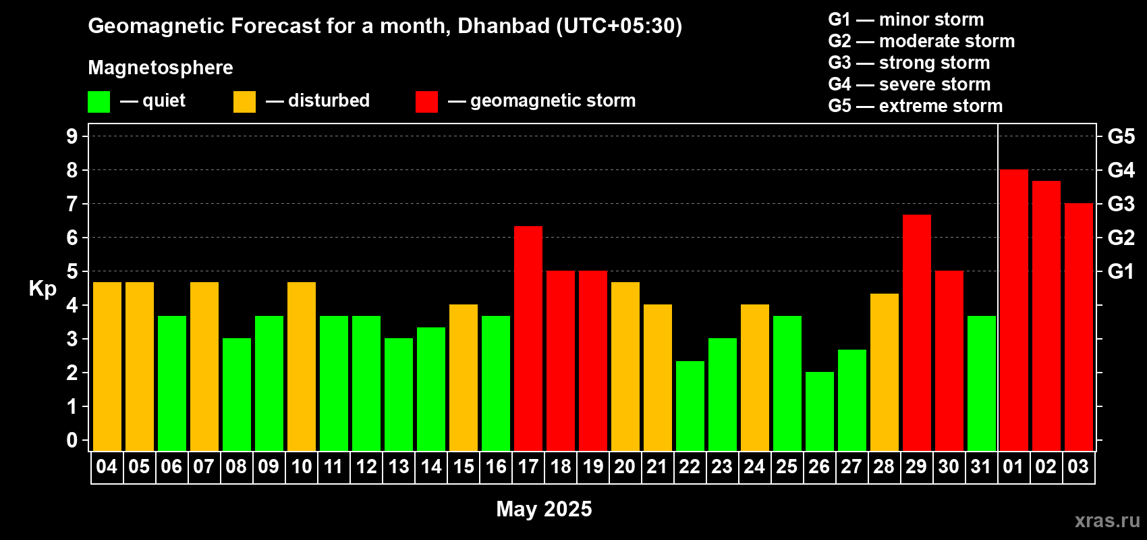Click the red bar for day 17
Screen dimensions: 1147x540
tap(528, 338)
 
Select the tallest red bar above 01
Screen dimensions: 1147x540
tap(1014, 310)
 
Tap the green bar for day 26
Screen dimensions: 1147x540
tap(819, 411)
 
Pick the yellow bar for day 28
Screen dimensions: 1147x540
tap(885, 372)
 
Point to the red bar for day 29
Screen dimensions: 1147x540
tap(916, 333)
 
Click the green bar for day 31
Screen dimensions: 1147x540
tap(982, 383)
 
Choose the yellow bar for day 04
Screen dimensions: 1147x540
tap(107, 367)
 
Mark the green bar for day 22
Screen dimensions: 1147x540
tap(690, 406)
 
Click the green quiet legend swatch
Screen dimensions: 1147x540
tap(99, 101)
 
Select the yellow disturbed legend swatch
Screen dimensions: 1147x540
tap(244, 101)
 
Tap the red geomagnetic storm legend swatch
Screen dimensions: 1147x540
tap(426, 101)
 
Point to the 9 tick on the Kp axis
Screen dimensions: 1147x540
tap(72, 136)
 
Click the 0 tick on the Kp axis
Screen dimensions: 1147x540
tap(72, 440)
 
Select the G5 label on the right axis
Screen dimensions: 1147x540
tap(1121, 136)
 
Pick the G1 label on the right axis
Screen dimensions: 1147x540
tap(1121, 271)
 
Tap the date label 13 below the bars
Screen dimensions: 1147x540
tap(398, 466)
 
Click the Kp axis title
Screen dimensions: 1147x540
tap(43, 290)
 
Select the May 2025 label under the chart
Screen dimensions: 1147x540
tap(544, 509)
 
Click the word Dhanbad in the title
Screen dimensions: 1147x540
tap(503, 26)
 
